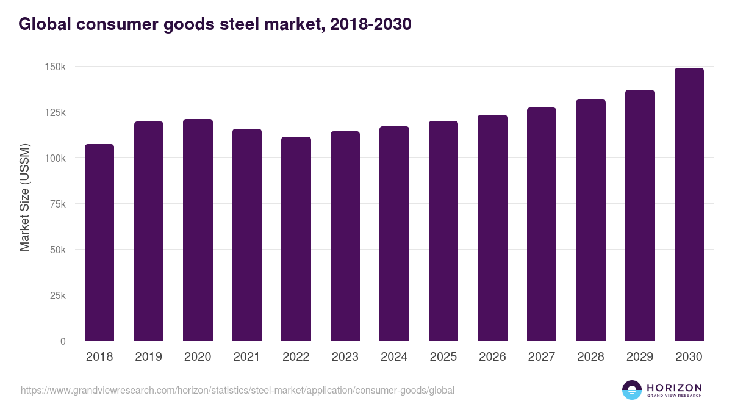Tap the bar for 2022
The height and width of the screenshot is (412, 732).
point(296,239)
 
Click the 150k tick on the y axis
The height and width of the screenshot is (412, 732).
point(56,67)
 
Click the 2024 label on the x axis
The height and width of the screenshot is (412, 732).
point(394,357)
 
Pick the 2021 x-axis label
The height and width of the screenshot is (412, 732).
point(247,357)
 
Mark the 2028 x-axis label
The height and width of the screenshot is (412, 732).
point(590,357)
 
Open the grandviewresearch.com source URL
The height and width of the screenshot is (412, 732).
point(237,390)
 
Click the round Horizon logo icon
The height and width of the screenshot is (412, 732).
point(632,390)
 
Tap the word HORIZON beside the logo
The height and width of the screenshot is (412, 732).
point(674,387)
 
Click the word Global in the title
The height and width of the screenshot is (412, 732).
point(43,24)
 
